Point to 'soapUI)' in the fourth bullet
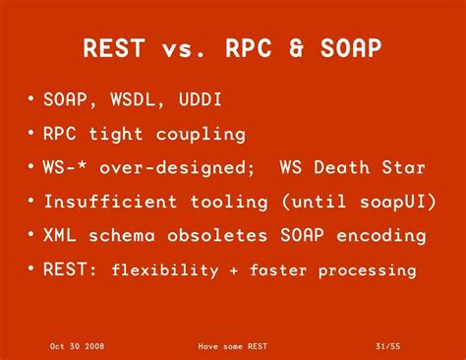(377, 202)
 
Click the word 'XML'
(61, 235)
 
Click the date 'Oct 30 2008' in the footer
(78, 346)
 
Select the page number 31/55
(388, 346)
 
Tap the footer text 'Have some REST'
(233, 346)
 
